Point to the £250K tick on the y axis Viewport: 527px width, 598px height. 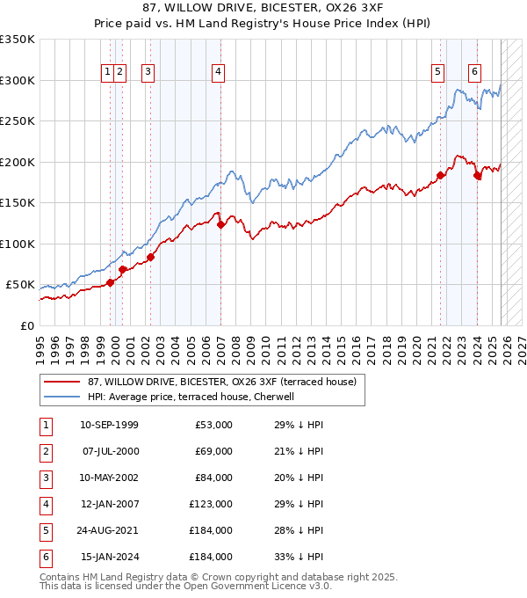[18, 121]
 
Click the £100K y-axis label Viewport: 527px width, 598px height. [18, 244]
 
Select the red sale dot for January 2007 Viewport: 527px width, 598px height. [220, 224]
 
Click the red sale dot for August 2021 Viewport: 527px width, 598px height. [440, 175]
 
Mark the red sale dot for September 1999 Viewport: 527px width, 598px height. [111, 282]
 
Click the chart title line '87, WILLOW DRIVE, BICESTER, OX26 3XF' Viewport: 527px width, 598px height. [263, 10]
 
